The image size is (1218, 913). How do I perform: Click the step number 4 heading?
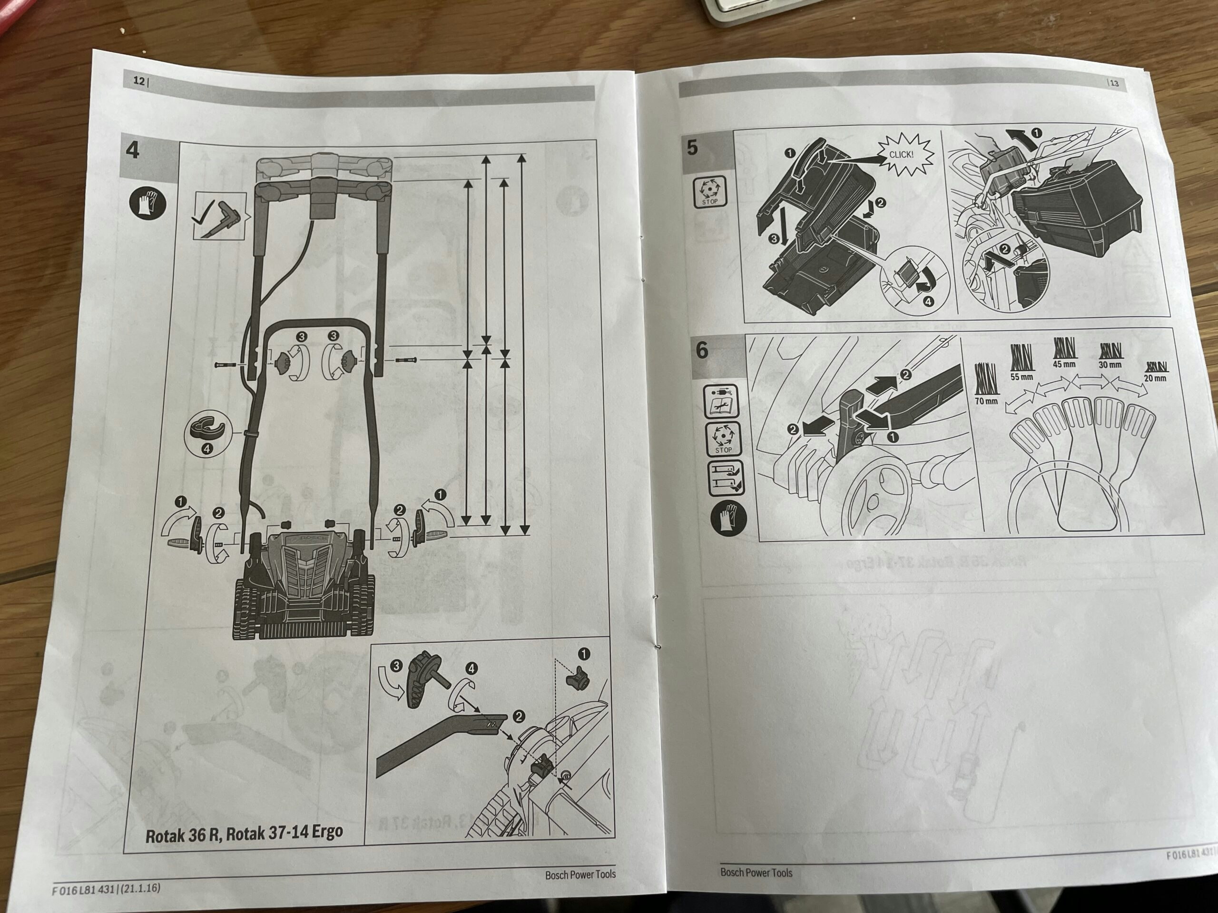tap(133, 150)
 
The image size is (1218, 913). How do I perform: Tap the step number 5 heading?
tap(692, 147)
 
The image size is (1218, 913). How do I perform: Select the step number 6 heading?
tap(702, 350)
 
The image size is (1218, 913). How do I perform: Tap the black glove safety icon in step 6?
tap(728, 517)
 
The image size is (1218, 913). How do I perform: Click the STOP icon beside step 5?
tap(709, 192)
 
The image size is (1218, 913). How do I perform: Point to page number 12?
tap(139, 81)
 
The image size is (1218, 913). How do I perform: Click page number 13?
tap(1114, 83)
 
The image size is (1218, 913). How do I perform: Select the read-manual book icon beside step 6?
tap(722, 401)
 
